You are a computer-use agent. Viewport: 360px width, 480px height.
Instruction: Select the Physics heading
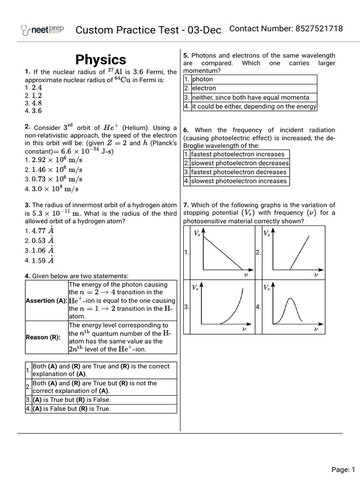(x=101, y=60)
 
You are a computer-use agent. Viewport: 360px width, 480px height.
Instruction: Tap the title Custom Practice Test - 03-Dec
(x=148, y=30)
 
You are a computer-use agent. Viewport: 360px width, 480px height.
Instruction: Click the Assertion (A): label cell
(x=46, y=300)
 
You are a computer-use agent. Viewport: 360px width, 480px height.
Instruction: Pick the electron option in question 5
(x=204, y=88)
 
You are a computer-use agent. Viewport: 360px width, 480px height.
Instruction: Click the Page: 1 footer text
(x=344, y=469)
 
